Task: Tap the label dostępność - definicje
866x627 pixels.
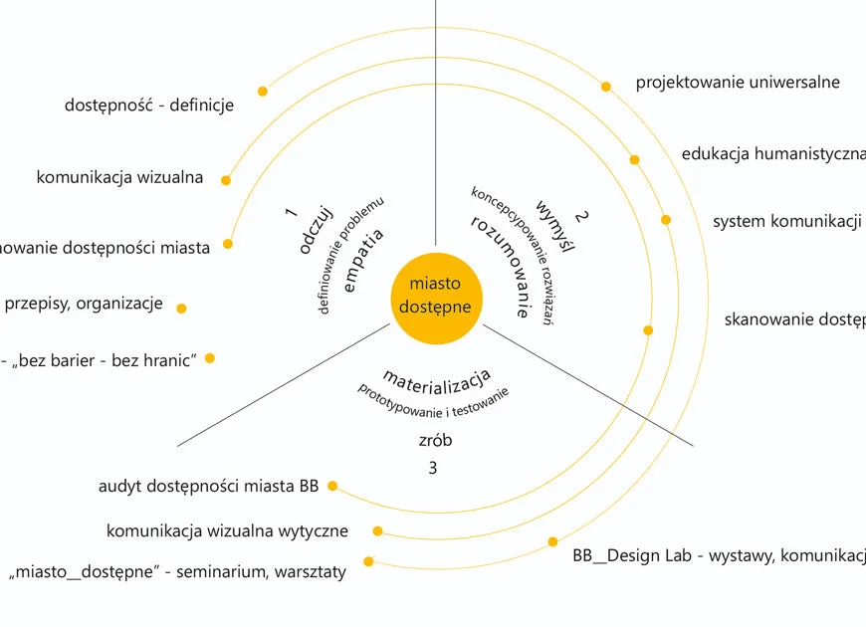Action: [x=149, y=104]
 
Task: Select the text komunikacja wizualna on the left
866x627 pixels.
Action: [x=119, y=178]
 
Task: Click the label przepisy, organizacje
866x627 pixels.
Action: [x=84, y=305]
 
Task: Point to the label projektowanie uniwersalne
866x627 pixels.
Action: [x=738, y=83]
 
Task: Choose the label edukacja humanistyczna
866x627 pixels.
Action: [x=772, y=154]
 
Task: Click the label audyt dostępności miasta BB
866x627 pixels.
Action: [x=208, y=487]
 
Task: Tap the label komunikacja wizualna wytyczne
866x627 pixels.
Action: [x=227, y=531]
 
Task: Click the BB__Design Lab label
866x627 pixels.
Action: [x=718, y=555]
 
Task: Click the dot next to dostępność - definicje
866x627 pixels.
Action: [x=263, y=92]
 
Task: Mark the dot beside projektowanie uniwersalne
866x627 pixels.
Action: [x=605, y=87]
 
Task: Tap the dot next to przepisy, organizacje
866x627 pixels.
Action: [x=181, y=309]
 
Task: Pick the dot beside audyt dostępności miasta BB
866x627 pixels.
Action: [x=332, y=487]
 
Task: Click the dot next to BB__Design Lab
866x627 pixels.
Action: [x=552, y=542]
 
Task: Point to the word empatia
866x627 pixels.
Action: [x=362, y=261]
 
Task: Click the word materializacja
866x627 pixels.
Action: [x=436, y=378]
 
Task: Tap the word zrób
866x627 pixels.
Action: [x=434, y=440]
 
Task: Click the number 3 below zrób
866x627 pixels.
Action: [x=432, y=467]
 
